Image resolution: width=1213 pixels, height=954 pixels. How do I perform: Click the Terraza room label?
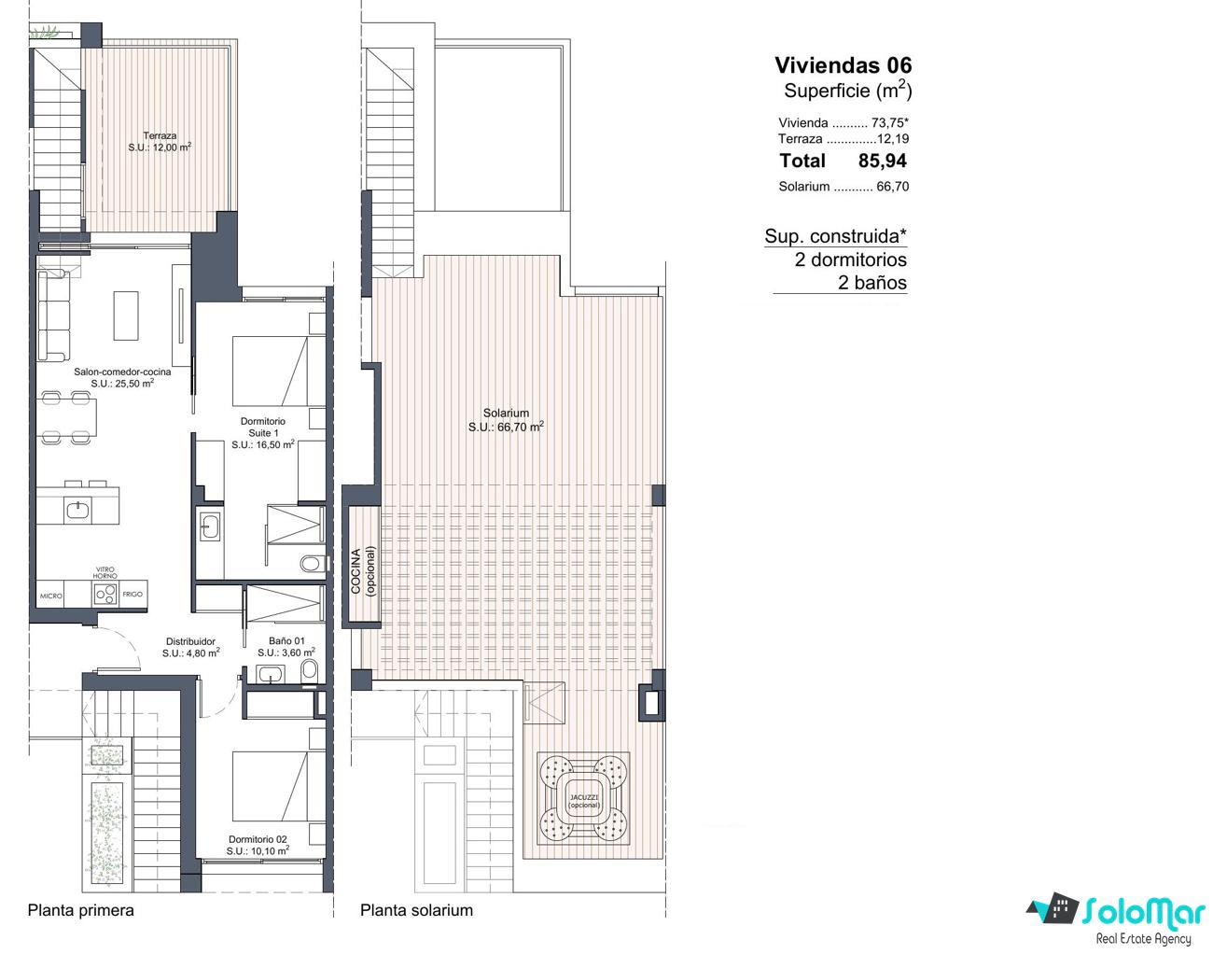[160, 142]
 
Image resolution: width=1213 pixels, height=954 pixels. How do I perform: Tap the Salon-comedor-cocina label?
[122, 378]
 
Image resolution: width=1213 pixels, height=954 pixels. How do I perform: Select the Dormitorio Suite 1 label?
[263, 432]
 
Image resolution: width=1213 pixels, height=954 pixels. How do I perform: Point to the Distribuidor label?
[190, 647]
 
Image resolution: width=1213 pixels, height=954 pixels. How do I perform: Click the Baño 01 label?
[286, 647]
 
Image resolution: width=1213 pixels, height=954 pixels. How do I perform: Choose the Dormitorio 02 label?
[258, 845]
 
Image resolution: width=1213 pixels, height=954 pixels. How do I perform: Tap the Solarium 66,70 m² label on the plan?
[506, 420]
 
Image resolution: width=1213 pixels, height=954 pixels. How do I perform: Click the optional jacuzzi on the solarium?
[583, 798]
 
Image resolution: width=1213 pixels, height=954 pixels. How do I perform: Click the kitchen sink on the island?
[77, 509]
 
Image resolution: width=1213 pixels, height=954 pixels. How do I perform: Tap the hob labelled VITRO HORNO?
[105, 593]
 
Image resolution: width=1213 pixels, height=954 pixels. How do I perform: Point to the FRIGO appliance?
[133, 594]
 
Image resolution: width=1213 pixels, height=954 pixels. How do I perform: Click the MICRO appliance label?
[50, 596]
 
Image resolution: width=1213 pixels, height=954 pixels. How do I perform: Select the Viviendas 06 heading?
[844, 65]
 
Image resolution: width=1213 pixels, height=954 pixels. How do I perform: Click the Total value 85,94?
[882, 161]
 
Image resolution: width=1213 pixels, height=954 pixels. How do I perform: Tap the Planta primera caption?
[80, 910]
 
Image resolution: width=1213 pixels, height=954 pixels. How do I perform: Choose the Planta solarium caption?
[416, 910]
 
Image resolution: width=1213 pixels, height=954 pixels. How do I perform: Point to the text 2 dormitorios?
[851, 260]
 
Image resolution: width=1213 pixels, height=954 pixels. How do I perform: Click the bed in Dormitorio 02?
[270, 785]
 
